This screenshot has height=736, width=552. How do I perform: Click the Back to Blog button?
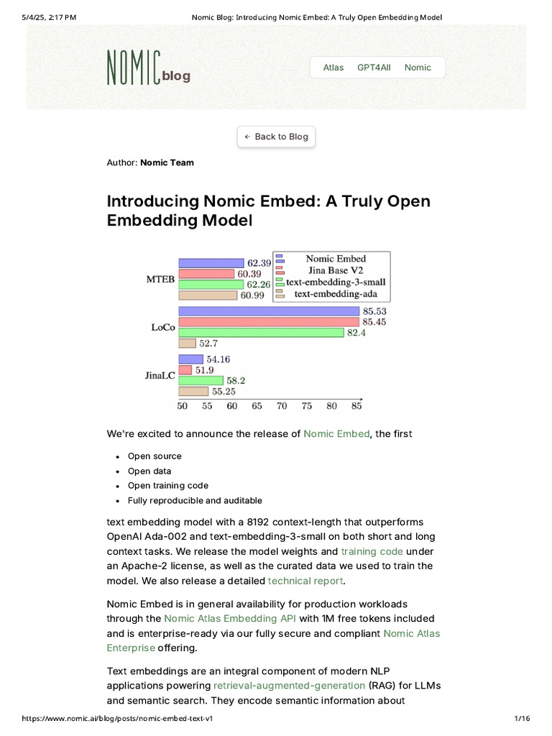[276, 137]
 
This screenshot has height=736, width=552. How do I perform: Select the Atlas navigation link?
[333, 68]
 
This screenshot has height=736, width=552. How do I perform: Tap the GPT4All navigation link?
[374, 68]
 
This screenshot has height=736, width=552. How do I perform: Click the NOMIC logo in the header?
[133, 67]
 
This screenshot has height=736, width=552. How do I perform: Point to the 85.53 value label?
[375, 311]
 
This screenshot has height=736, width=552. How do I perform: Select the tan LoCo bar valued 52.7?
[187, 344]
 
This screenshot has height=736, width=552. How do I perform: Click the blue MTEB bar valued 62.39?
[211, 263]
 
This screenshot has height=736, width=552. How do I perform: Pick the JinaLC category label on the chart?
[160, 374]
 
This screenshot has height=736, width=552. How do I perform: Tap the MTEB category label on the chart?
[161, 279]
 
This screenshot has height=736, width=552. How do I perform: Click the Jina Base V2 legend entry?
[336, 270]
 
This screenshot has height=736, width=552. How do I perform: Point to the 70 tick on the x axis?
[282, 406]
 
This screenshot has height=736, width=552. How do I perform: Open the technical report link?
[305, 581]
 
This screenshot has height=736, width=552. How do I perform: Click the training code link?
[372, 551]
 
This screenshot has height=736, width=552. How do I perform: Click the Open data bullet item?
[149, 471]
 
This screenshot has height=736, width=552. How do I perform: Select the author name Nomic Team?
[167, 162]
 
